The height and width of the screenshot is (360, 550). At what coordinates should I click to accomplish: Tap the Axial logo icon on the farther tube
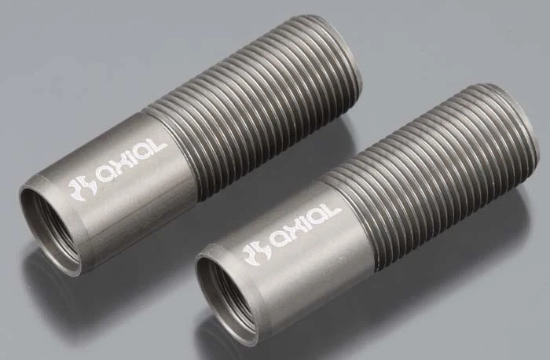click(x=78, y=186)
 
